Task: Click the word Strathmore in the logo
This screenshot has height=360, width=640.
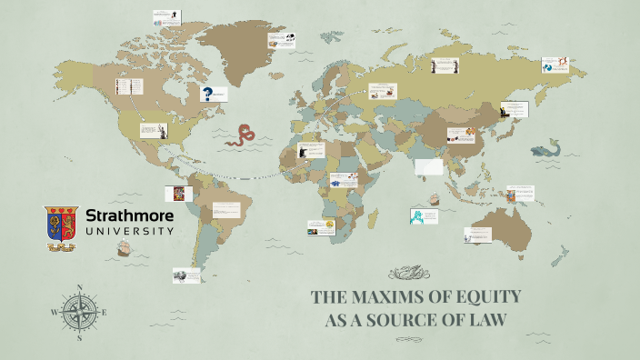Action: point(127,215)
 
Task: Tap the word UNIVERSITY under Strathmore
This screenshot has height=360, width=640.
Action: point(128,232)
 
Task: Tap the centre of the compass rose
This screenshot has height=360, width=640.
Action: point(80,313)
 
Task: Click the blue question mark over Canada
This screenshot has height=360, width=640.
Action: point(208,93)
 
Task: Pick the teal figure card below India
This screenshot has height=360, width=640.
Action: point(422,216)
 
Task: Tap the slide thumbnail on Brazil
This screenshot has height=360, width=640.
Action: point(225,208)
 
